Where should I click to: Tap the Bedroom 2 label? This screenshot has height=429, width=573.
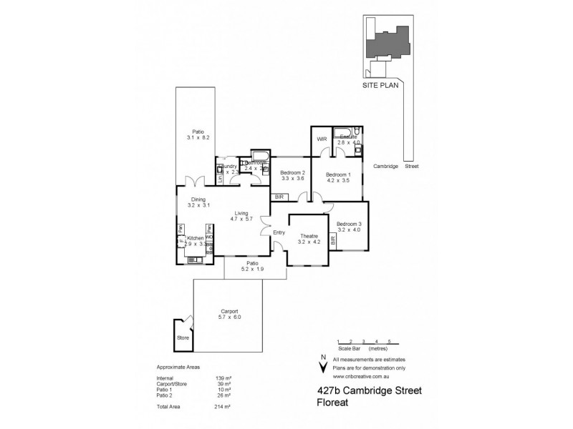pyautogui.click(x=292, y=173)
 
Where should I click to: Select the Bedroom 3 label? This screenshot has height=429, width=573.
pyautogui.click(x=349, y=224)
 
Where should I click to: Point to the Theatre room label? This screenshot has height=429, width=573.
pyautogui.click(x=309, y=237)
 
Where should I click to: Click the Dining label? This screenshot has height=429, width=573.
pyautogui.click(x=198, y=200)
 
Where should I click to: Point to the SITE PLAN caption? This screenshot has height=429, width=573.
pyautogui.click(x=379, y=84)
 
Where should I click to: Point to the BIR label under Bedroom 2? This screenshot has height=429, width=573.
pyautogui.click(x=279, y=197)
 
